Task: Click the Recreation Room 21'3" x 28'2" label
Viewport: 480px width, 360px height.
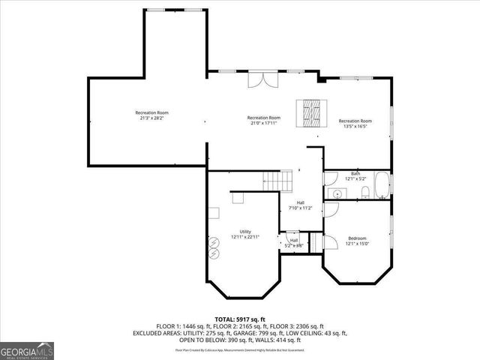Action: click(151, 115)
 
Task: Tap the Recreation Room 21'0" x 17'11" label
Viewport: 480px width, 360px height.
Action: click(264, 120)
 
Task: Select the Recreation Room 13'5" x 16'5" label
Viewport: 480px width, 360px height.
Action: click(355, 124)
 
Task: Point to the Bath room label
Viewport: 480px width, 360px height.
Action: click(355, 176)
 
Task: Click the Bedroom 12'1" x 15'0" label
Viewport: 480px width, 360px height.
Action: click(358, 241)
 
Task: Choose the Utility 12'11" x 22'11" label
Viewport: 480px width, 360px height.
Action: click(245, 234)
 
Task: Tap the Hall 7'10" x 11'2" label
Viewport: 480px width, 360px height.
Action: click(300, 205)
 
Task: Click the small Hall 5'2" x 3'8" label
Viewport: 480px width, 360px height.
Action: click(294, 242)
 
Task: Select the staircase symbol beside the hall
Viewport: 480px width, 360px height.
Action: click(277, 181)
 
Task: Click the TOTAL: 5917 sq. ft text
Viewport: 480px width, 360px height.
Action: click(239, 319)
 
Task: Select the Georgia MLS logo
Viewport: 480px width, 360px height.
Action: click(26, 350)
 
